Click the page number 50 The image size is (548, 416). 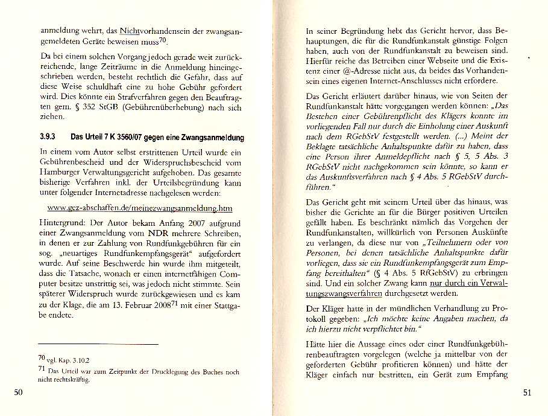tap(18, 393)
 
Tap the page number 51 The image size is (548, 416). tap(528, 393)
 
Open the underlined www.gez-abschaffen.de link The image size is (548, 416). tap(139, 208)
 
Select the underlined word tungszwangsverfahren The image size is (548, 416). tap(344, 293)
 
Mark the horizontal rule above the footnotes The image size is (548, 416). tap(97, 344)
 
